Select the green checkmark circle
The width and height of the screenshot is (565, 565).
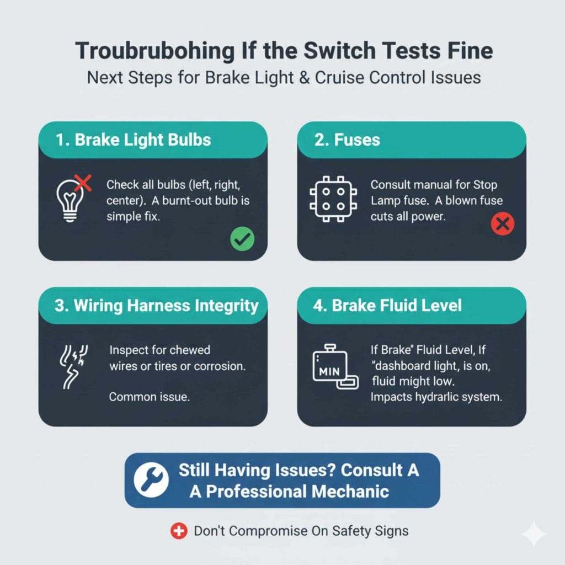(x=241, y=239)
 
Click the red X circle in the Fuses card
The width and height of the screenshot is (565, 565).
(x=502, y=223)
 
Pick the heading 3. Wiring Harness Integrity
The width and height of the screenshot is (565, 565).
(x=156, y=306)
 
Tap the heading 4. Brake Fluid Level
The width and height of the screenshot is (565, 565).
(x=387, y=306)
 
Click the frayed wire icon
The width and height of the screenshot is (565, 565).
(x=70, y=365)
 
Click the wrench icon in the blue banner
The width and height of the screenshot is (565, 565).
(x=151, y=480)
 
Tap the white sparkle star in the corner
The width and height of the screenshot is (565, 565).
(x=534, y=534)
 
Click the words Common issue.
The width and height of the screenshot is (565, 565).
(x=149, y=396)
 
